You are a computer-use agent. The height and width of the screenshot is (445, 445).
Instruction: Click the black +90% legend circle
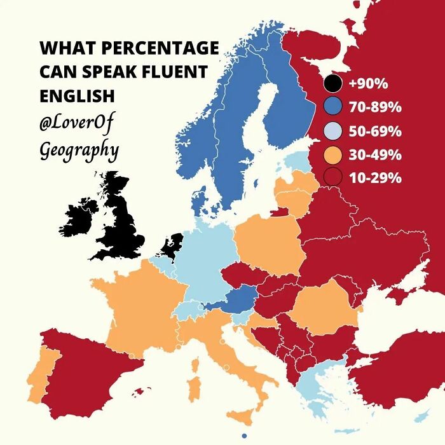(x=332, y=83)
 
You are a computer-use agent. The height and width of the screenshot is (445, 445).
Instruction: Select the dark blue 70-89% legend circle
(x=332, y=107)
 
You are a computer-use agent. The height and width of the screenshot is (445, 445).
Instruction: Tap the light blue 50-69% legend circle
(x=332, y=131)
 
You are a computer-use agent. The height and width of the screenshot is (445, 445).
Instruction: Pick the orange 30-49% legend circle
(x=332, y=154)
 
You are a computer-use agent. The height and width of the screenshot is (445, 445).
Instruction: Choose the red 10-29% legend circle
(x=332, y=178)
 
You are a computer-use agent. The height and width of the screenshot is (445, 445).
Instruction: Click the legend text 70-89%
(x=375, y=107)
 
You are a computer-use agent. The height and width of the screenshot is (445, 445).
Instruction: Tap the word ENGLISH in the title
(x=77, y=96)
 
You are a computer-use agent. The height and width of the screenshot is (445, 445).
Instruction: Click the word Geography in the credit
(x=79, y=151)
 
